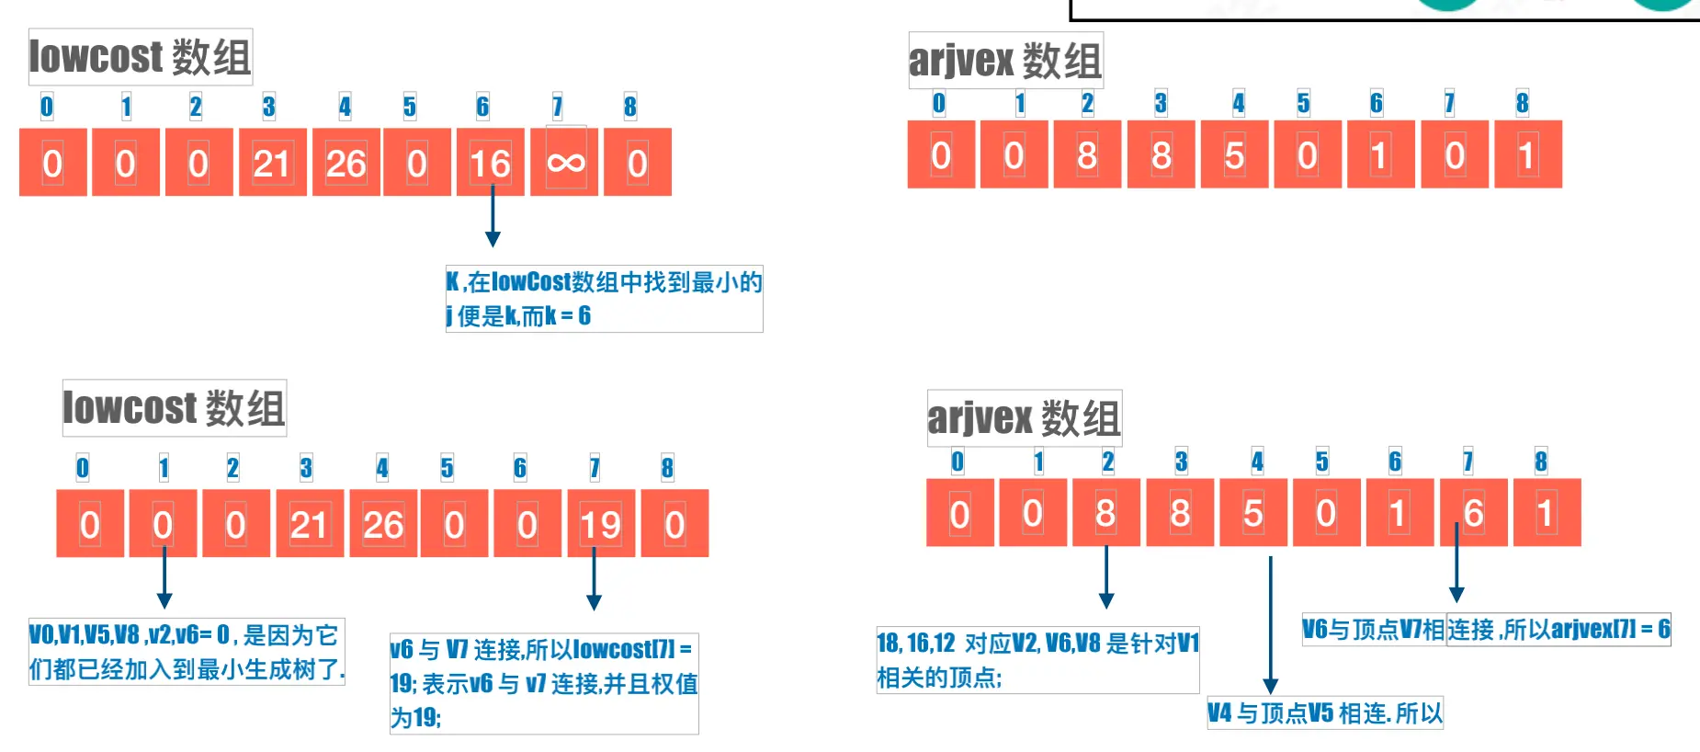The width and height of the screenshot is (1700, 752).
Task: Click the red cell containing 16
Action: tap(490, 163)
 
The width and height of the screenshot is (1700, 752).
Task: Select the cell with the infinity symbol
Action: tap(565, 163)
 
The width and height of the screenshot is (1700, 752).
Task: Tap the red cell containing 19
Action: tap(601, 524)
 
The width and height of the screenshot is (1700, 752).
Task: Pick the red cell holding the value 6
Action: tap(1473, 513)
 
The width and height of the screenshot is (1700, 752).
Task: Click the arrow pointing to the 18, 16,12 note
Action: tap(1106, 579)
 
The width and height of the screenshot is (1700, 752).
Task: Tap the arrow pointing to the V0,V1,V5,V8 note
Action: tap(164, 579)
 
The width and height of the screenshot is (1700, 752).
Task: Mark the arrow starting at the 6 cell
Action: tap(1456, 565)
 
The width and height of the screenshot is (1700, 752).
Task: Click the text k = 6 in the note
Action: tap(568, 316)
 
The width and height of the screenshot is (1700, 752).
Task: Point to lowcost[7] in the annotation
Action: tap(625, 650)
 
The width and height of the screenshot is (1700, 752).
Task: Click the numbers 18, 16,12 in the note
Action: tap(916, 643)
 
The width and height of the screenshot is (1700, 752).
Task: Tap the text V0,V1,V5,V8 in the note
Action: tap(85, 634)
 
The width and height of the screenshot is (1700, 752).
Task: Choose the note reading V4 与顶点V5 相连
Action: tap(1324, 713)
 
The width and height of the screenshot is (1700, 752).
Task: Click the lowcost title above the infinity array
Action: tap(140, 57)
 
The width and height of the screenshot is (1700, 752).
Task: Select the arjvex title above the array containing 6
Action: tap(1024, 418)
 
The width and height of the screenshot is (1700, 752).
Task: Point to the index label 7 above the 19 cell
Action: tap(595, 468)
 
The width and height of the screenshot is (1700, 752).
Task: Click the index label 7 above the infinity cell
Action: tap(557, 107)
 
